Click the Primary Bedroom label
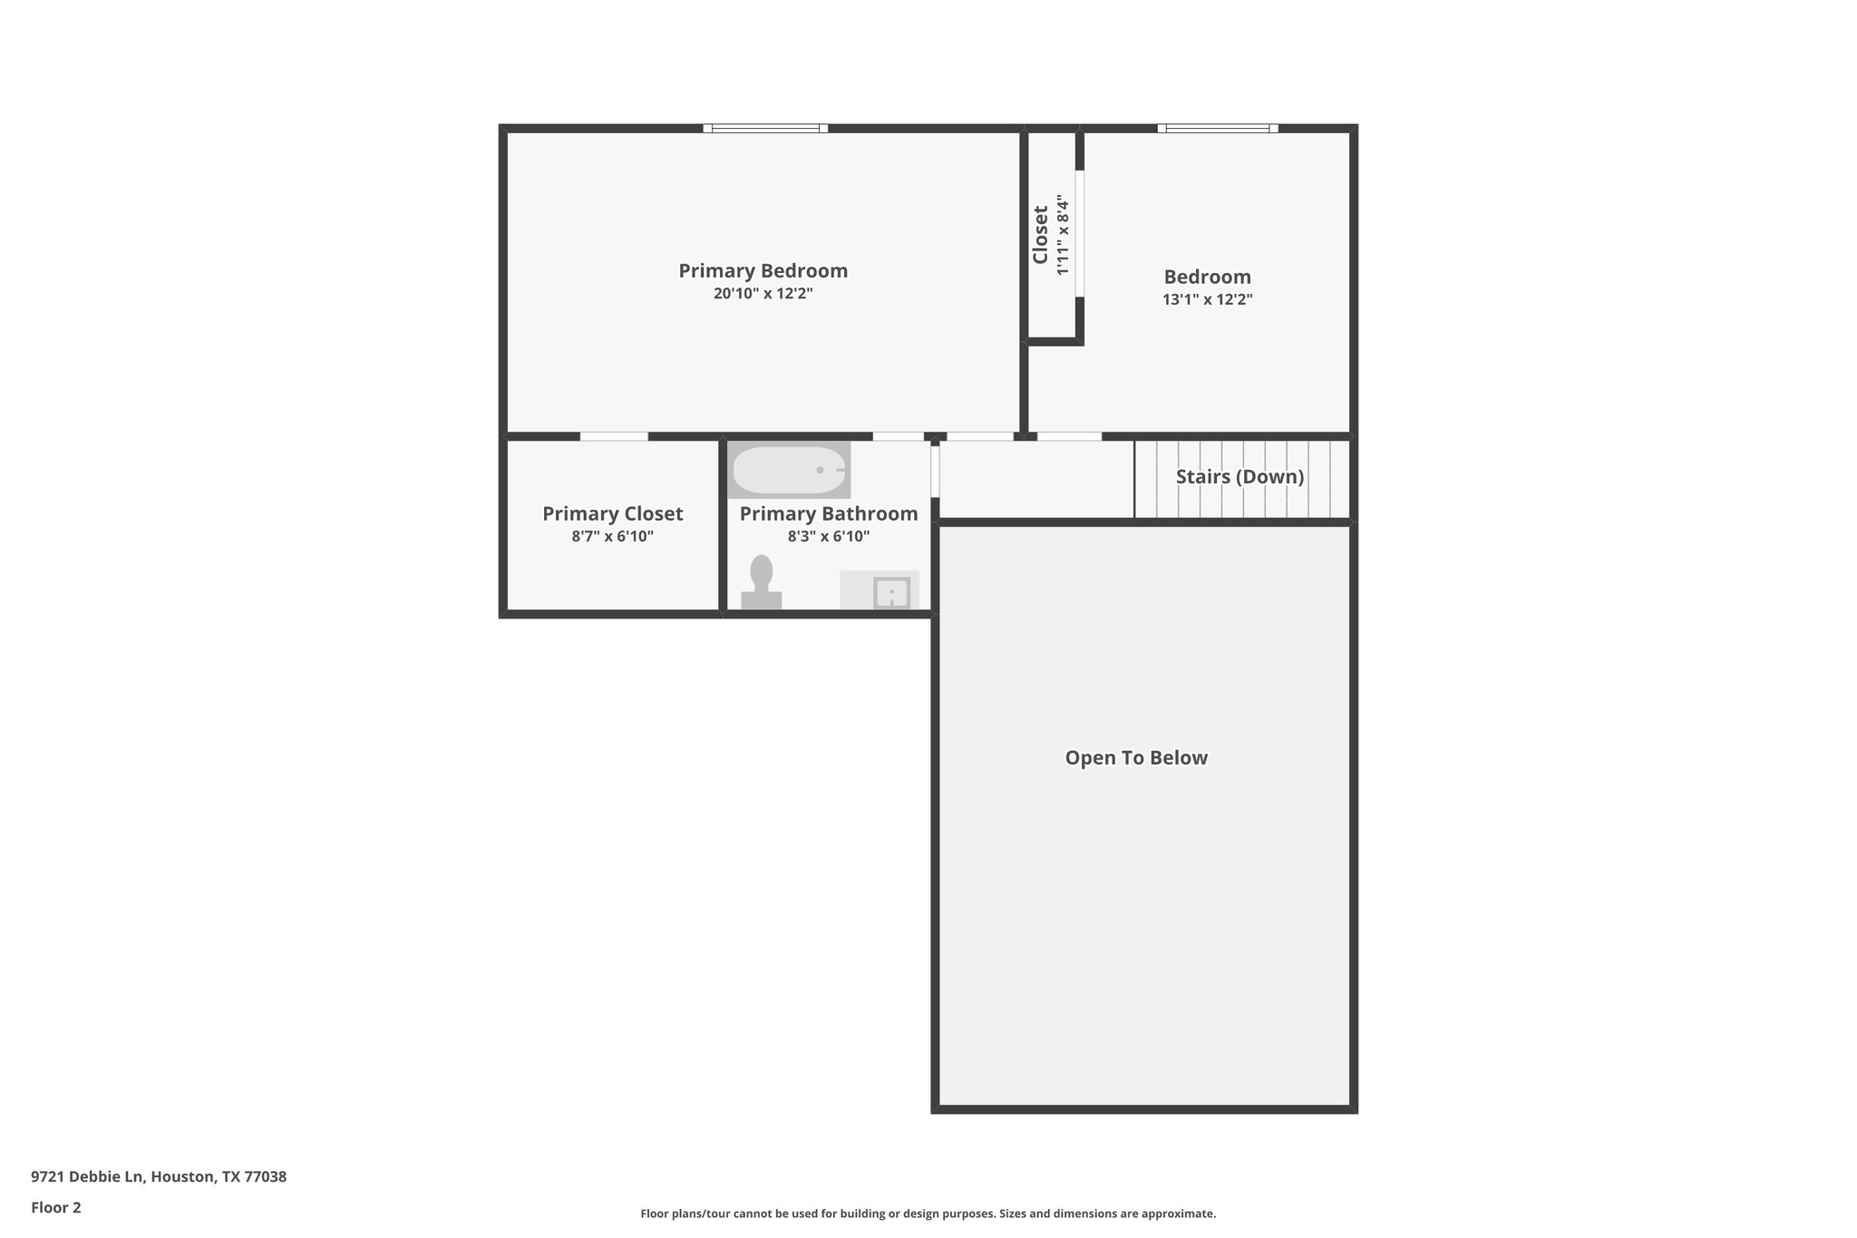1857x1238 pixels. pos(763,270)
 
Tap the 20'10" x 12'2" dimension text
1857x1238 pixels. pos(763,294)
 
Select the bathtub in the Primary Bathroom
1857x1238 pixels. pos(788,470)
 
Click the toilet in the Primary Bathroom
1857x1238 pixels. pos(762,583)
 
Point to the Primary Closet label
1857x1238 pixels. pos(612,513)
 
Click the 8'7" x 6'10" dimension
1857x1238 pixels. pos(612,536)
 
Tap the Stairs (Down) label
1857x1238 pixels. pos(1240,476)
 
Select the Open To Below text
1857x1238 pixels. pos(1135,757)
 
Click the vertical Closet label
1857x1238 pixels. pos(1040,234)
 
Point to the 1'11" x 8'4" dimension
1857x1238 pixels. pos(1063,234)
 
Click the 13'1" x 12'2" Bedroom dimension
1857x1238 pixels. pos(1207,299)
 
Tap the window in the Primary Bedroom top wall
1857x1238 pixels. pos(765,128)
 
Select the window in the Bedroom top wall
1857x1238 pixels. pos(1217,128)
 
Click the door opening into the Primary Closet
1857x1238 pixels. pos(614,436)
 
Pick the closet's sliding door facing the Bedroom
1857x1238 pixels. pos(1080,233)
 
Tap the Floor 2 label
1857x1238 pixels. pos(56,1207)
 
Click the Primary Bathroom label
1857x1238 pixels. pos(828,513)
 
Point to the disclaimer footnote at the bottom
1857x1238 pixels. pos(928,1214)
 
